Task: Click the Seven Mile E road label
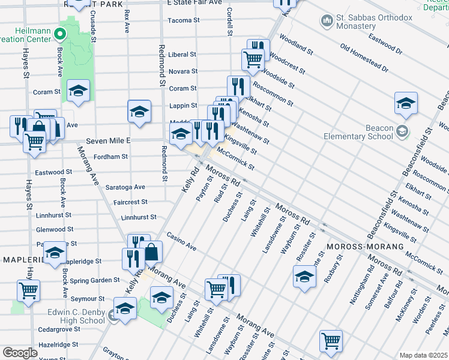(x=108, y=140)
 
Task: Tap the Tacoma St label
(x=183, y=20)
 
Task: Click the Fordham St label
(x=112, y=157)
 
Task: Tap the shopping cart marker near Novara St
(x=253, y=59)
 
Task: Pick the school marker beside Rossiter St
(x=304, y=276)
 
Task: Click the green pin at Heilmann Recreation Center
(x=59, y=34)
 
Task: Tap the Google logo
(x=20, y=353)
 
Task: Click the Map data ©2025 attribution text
(x=423, y=355)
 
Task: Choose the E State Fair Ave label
(x=194, y=3)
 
